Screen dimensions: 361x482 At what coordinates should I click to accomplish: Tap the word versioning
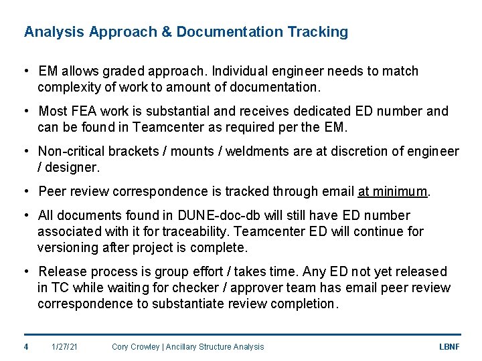click(x=68, y=247)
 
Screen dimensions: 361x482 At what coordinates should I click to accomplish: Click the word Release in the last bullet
click(x=62, y=271)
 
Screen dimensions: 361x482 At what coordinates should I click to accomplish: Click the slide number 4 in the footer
click(x=26, y=346)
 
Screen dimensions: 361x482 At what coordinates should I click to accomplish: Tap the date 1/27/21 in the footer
click(x=65, y=346)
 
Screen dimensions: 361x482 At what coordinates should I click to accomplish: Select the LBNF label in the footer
click(x=449, y=346)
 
